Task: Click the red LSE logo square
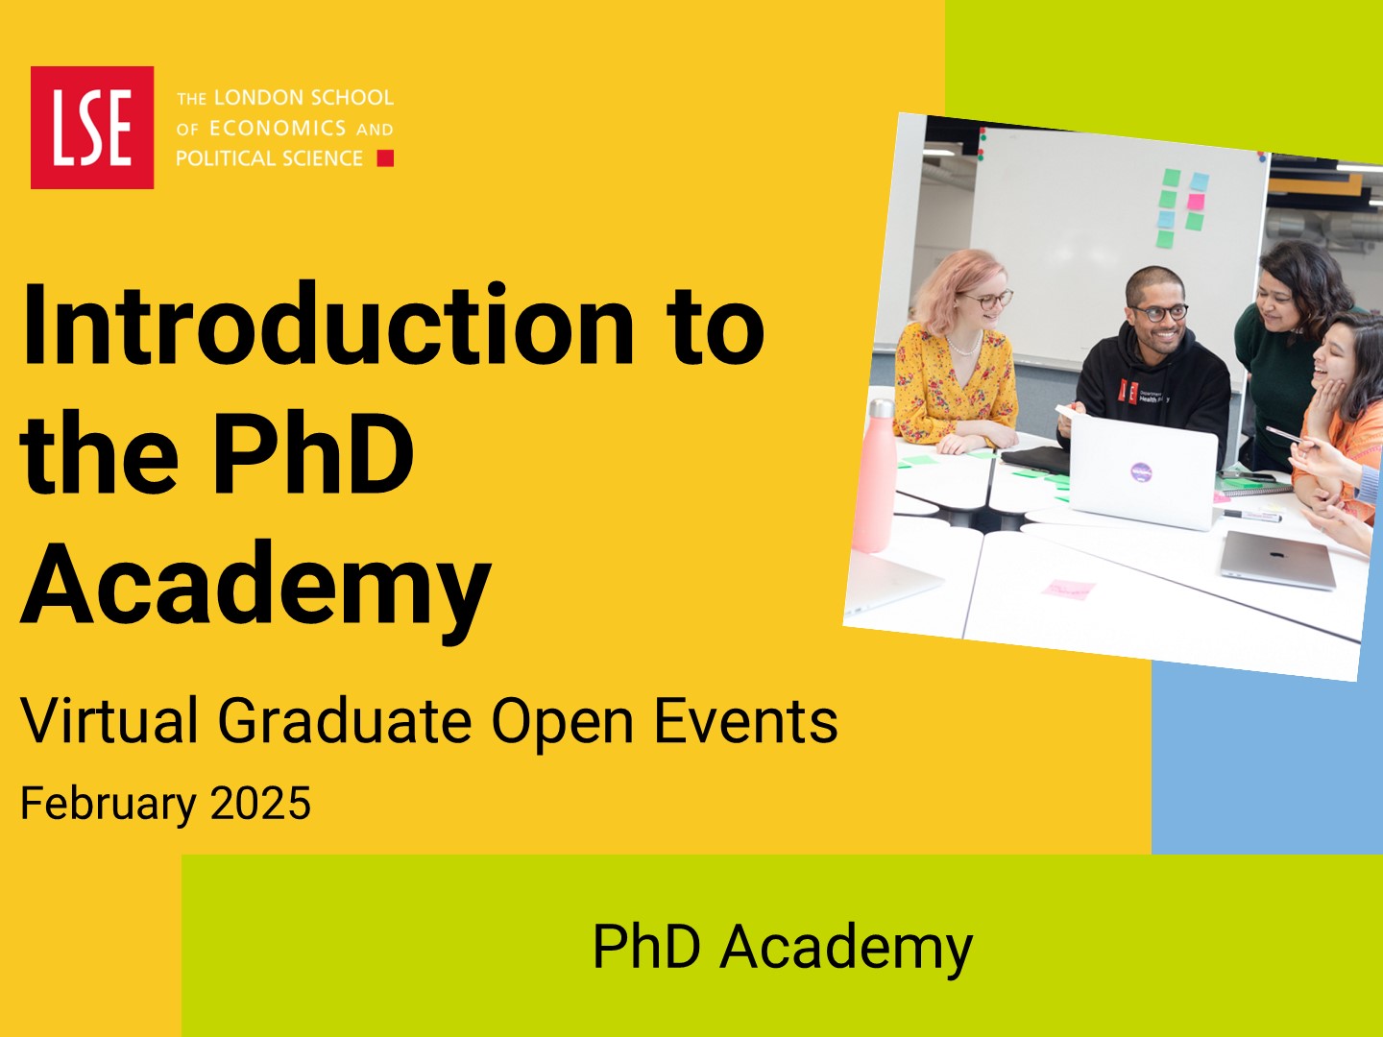pyautogui.click(x=92, y=127)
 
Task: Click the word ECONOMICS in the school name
pyautogui.click(x=278, y=129)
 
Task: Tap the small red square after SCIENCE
pyautogui.click(x=385, y=158)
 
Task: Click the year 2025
pyautogui.click(x=260, y=803)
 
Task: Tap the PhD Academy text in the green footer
pyautogui.click(x=783, y=949)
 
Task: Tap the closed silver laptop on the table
pyautogui.click(x=1277, y=561)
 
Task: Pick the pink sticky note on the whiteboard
pyautogui.click(x=1196, y=202)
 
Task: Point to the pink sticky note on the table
pyautogui.click(x=1068, y=589)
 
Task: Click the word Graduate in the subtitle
pyautogui.click(x=345, y=720)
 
